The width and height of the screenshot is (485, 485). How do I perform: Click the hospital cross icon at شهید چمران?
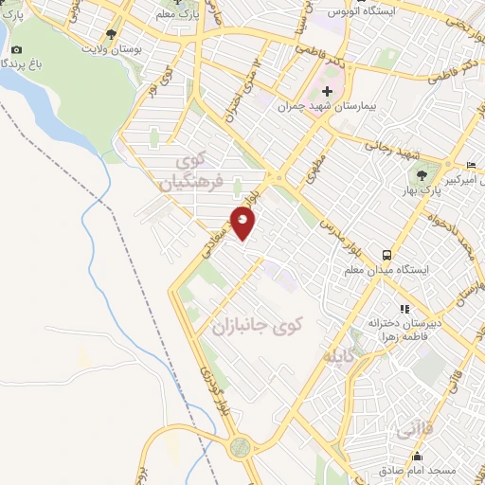328,92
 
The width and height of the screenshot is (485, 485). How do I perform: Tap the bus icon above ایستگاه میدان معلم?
386,254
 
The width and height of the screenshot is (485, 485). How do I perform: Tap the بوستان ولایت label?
113,48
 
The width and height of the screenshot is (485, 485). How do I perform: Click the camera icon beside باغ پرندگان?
16,49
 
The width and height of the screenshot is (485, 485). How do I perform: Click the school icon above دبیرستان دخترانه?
404,309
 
